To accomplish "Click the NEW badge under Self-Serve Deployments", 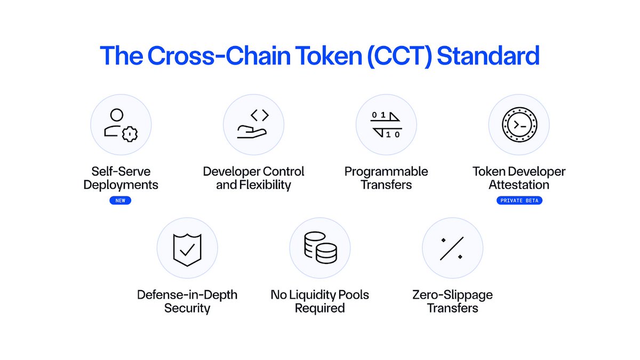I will pyautogui.click(x=121, y=201).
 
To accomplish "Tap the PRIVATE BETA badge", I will pyautogui.click(x=519, y=201).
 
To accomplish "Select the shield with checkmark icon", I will pyautogui.click(x=187, y=250).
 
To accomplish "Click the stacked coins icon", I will pyautogui.click(x=319, y=247).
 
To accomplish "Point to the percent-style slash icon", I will pyautogui.click(x=452, y=248).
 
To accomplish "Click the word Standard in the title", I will pyautogui.click(x=488, y=56).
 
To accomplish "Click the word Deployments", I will pyautogui.click(x=121, y=186).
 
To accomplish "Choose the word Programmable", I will pyautogui.click(x=386, y=172).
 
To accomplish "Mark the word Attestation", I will pyautogui.click(x=519, y=186).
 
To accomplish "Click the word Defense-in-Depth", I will pyautogui.click(x=187, y=295).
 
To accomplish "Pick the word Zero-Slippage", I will pyautogui.click(x=452, y=295).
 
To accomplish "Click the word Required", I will pyautogui.click(x=320, y=308).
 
